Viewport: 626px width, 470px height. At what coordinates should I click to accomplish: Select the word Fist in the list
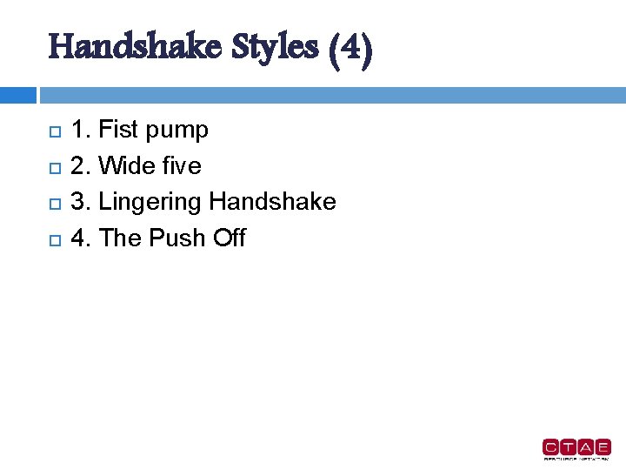(118, 131)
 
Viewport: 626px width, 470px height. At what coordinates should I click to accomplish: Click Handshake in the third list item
(272, 202)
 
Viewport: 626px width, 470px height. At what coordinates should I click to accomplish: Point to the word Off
(229, 238)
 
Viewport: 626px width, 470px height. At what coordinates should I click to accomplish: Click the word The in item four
(121, 238)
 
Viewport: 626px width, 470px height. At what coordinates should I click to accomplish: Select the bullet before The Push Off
(54, 239)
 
